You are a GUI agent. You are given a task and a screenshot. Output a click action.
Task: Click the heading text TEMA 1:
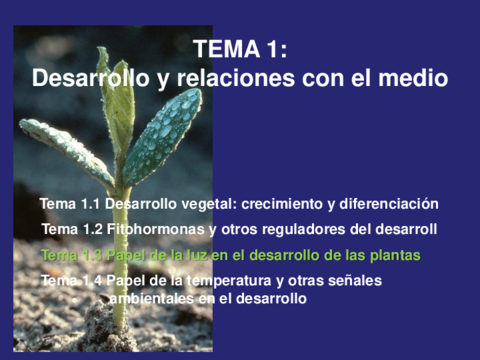pyautogui.click(x=240, y=49)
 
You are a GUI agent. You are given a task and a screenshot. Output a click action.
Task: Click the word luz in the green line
pyautogui.click(x=200, y=256)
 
